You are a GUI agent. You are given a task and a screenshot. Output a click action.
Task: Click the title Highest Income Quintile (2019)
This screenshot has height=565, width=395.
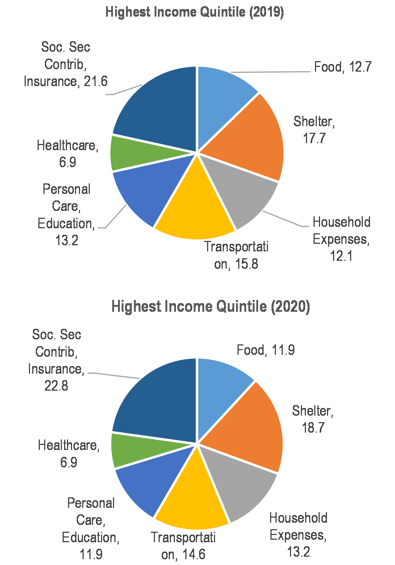point(195,12)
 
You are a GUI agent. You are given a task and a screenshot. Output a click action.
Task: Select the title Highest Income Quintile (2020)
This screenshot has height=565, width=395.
point(211,307)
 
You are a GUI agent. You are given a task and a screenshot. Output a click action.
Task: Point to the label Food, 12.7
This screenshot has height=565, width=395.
point(343,67)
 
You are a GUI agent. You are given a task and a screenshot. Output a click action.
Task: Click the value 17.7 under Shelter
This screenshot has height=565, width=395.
point(314,138)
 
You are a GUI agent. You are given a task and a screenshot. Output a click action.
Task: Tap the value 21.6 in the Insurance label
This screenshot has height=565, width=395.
point(96,81)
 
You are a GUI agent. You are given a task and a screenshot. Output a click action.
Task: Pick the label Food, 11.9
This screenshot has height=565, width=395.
point(266,350)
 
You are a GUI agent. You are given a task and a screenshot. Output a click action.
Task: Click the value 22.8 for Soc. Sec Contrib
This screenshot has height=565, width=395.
point(56,386)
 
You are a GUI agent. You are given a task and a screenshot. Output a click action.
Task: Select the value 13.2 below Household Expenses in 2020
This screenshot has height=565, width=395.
point(298,552)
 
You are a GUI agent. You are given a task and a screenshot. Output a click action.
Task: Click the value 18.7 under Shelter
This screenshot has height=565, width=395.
point(313,428)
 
